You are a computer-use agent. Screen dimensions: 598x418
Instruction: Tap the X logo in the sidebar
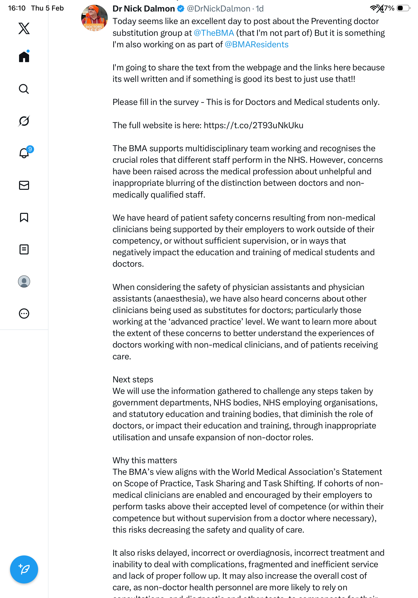[24, 28]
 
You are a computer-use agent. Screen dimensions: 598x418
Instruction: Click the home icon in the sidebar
[24, 57]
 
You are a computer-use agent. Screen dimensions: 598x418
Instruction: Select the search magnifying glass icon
[24, 89]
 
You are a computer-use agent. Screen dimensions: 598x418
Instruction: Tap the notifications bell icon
[24, 153]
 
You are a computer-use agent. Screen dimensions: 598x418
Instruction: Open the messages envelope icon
[24, 185]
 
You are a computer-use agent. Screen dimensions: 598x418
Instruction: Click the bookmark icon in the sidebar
[24, 217]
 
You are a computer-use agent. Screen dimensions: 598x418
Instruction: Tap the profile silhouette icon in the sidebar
[24, 281]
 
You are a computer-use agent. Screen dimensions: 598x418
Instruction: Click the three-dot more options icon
[24, 314]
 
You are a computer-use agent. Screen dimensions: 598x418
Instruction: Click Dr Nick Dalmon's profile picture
[94, 18]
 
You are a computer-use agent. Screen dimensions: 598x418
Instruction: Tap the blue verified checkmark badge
[181, 9]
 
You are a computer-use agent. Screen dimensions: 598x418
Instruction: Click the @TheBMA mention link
[214, 33]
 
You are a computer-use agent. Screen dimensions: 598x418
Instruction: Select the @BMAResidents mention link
[256, 45]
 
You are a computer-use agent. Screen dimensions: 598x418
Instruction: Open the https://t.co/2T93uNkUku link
[253, 125]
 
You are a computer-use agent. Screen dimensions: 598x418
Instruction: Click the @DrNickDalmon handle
[218, 9]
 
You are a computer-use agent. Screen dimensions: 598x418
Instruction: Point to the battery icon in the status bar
[403, 8]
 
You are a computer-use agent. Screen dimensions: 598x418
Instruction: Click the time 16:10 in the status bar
[17, 8]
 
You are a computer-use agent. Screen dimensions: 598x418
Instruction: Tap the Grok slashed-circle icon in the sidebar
[24, 121]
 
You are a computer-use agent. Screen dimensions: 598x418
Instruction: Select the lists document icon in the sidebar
[24, 249]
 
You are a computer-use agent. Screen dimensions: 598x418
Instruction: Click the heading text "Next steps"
[133, 379]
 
